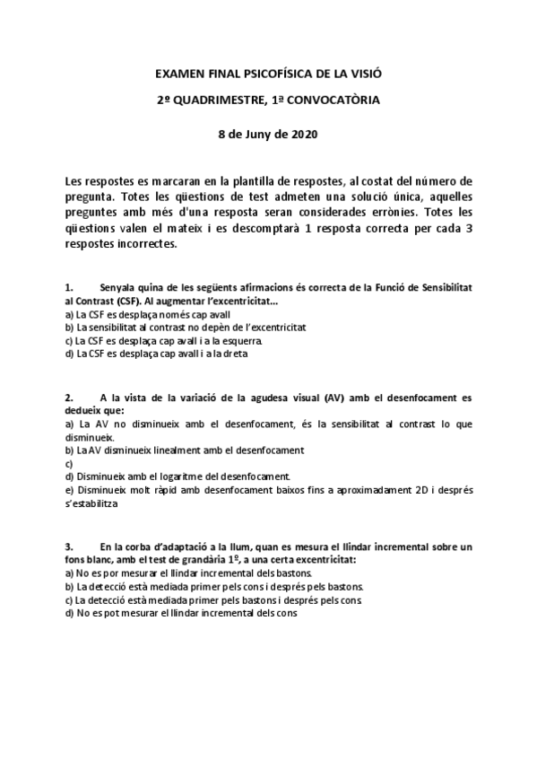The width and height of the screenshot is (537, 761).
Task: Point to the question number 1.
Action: (70, 286)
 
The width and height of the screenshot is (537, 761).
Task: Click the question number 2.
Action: (70, 397)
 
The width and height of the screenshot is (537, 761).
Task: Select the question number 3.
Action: (70, 546)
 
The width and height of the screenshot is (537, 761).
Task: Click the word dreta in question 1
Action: (232, 354)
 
